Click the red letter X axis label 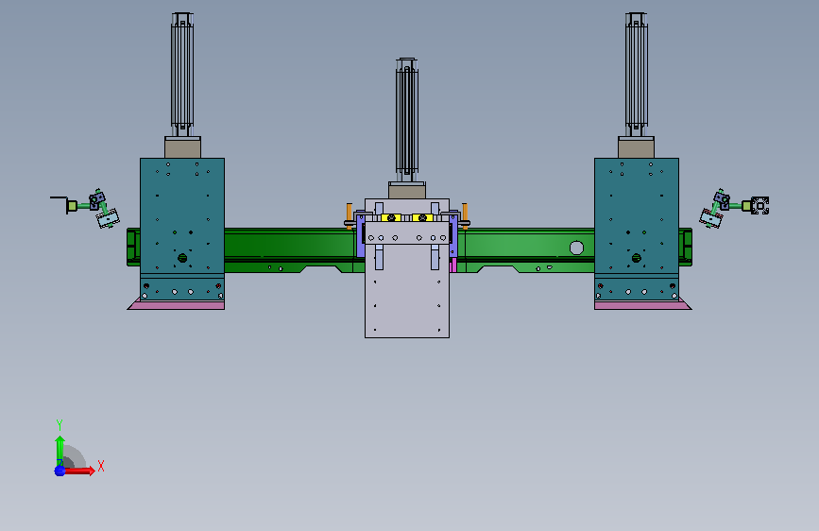click(101, 466)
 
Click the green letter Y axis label click(60, 424)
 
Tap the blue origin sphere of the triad click(60, 471)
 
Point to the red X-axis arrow click(78, 471)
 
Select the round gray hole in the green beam click(576, 248)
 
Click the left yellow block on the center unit click(391, 217)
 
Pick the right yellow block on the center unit click(422, 217)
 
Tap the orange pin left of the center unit click(349, 215)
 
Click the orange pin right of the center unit click(465, 215)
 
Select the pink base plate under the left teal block click(177, 304)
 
